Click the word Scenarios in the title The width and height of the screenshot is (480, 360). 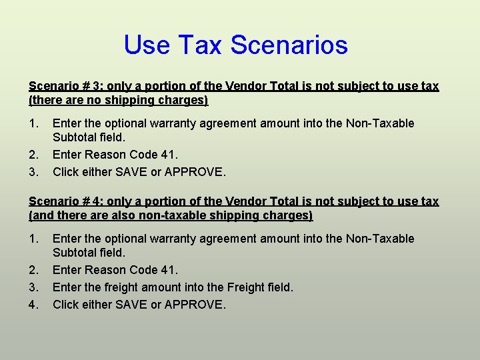click(x=289, y=45)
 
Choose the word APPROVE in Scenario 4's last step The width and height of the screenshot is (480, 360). click(x=194, y=305)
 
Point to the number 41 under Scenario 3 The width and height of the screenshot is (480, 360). click(x=170, y=155)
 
